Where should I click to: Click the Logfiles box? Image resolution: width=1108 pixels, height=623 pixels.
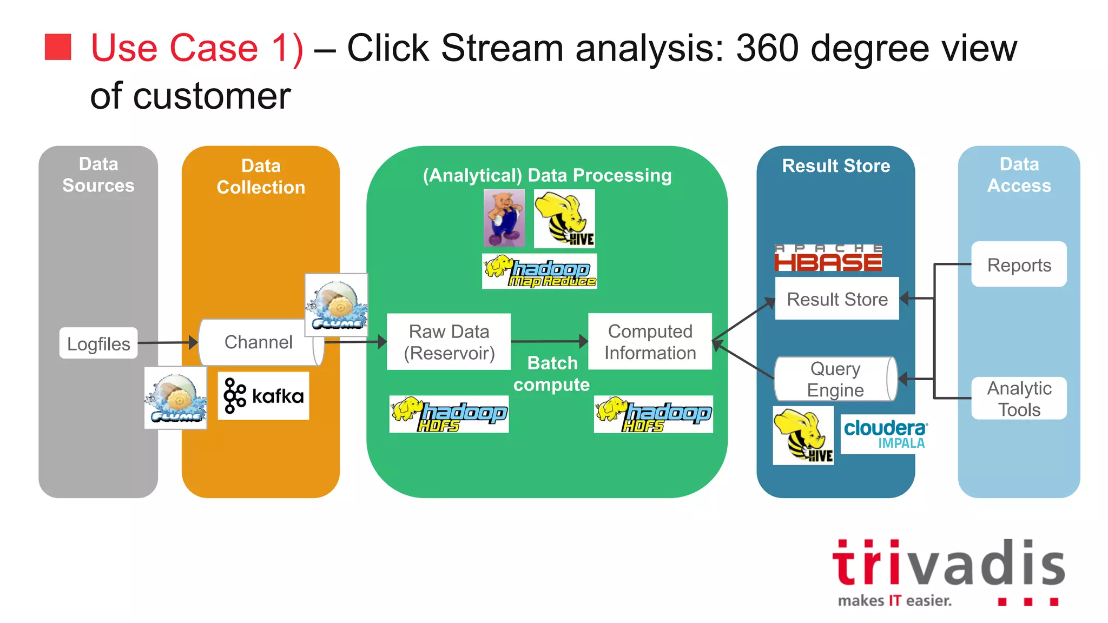tap(98, 343)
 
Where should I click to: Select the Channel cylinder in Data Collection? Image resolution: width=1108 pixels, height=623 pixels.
tap(259, 342)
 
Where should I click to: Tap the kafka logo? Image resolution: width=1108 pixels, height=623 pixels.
tap(263, 396)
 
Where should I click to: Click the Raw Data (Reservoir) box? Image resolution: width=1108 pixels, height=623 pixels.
tap(449, 342)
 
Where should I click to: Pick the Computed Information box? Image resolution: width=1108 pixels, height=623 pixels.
tap(650, 342)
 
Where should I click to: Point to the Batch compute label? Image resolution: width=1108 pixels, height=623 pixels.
tap(552, 374)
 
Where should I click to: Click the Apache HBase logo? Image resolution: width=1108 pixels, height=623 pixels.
tap(828, 258)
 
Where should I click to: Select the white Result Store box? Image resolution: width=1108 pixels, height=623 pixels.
tap(837, 299)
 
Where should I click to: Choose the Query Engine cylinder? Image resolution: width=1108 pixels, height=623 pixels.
tap(836, 379)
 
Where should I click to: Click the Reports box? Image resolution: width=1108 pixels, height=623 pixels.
tap(1019, 264)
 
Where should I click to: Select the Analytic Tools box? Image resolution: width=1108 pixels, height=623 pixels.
tap(1019, 399)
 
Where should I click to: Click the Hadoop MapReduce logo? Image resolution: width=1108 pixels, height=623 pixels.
tap(539, 271)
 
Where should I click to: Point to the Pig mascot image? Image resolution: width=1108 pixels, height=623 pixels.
tap(504, 217)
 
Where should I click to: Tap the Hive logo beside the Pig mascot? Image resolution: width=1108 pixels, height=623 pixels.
tap(564, 218)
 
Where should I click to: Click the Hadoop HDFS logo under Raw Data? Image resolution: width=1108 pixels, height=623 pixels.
tap(449, 414)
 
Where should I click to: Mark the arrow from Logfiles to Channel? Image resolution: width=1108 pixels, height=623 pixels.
tap(168, 342)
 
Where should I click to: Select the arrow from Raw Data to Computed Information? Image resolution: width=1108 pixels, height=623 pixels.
tap(549, 341)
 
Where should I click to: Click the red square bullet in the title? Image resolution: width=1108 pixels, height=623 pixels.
tap(58, 47)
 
